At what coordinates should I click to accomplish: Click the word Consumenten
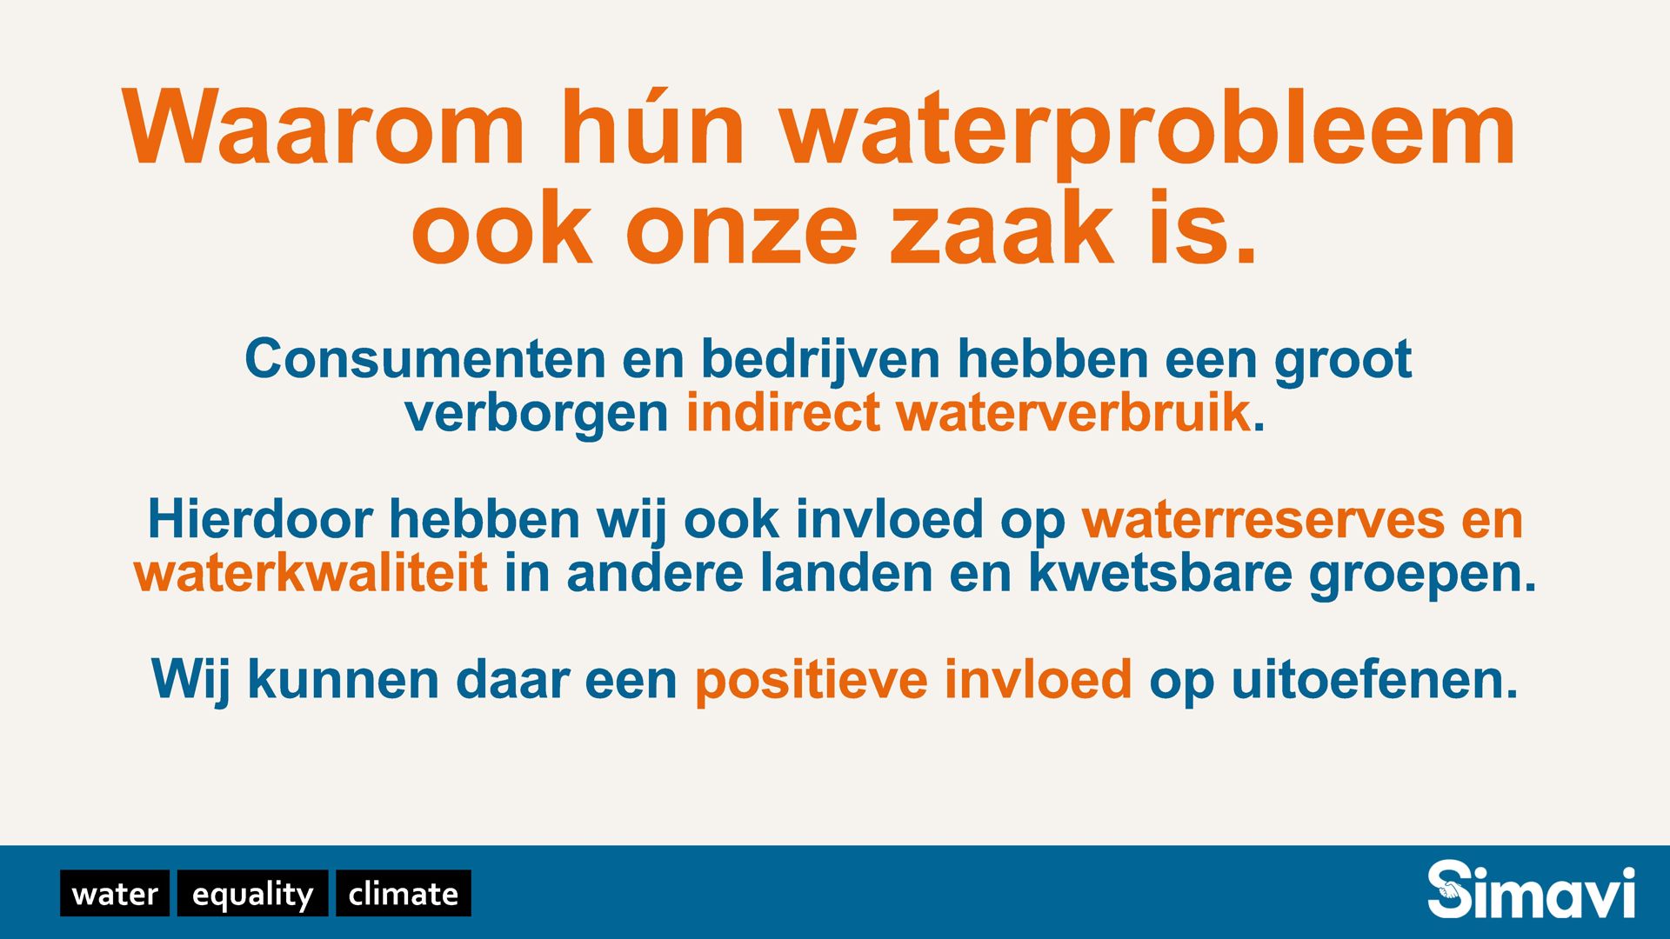click(x=425, y=358)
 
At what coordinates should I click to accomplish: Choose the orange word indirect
click(x=783, y=413)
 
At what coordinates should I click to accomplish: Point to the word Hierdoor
click(x=260, y=519)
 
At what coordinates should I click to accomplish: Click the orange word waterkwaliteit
click(x=311, y=574)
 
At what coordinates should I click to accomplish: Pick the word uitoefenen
click(x=1374, y=680)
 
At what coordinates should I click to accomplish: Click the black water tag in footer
click(x=115, y=893)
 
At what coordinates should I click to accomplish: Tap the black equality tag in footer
click(x=252, y=893)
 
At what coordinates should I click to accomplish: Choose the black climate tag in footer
click(x=404, y=893)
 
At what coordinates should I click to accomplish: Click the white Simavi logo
click(x=1531, y=889)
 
